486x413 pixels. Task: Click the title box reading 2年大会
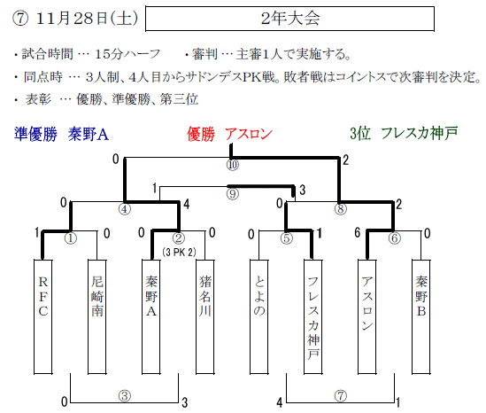[x=289, y=19]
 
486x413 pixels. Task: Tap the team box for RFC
[x=42, y=316]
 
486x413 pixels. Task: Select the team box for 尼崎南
[x=97, y=316]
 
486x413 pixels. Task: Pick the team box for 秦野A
[x=151, y=316]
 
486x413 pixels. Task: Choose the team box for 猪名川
[x=204, y=316]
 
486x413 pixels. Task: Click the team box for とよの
[x=259, y=316]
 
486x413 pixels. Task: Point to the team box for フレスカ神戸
[x=313, y=316]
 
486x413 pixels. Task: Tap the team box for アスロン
[x=367, y=316]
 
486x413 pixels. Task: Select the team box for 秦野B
[x=421, y=316]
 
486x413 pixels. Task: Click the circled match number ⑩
[x=233, y=165]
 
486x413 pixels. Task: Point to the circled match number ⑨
[x=233, y=194]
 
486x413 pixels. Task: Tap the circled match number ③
[x=125, y=396]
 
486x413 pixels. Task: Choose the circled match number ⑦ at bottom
[x=341, y=396]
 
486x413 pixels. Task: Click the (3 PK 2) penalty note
[x=179, y=253]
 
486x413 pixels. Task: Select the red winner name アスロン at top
[x=249, y=134]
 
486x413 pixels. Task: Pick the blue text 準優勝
[x=36, y=135]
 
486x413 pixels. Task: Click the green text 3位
[x=360, y=134]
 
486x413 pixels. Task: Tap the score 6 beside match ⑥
[x=358, y=232]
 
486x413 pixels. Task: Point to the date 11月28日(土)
[x=87, y=19]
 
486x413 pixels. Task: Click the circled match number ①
[x=71, y=238]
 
